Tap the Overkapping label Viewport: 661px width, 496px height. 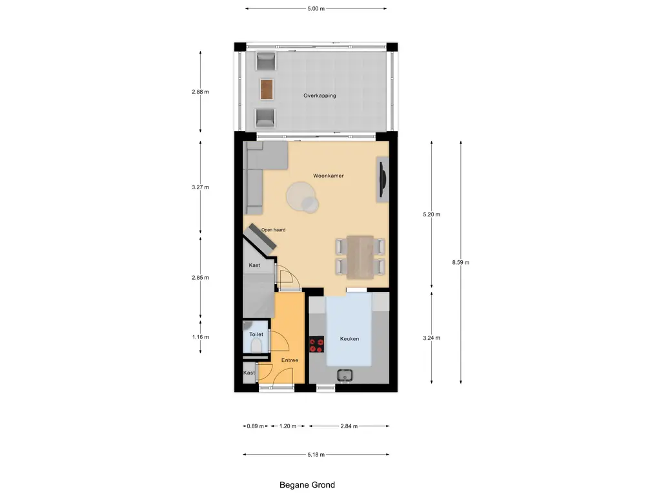point(320,96)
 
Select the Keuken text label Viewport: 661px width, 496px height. point(349,338)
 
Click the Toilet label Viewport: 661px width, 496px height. point(256,335)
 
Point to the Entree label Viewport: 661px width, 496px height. point(289,360)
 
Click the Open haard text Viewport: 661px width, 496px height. point(273,230)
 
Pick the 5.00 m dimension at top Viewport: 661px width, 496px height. point(316,9)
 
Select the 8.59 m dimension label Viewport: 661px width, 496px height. point(461,262)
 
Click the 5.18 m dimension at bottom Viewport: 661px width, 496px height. point(316,455)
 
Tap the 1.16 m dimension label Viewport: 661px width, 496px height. point(201,336)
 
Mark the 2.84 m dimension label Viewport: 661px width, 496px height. point(349,426)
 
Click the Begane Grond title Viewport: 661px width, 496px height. point(307,485)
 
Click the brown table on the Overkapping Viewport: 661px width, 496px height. point(267,89)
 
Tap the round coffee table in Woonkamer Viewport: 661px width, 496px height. point(301,196)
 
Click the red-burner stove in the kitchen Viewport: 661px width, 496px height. point(316,345)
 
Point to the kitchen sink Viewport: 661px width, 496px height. point(345,375)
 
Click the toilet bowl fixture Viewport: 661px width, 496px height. point(256,347)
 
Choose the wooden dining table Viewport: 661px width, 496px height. point(360,256)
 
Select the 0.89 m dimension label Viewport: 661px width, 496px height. point(256,426)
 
